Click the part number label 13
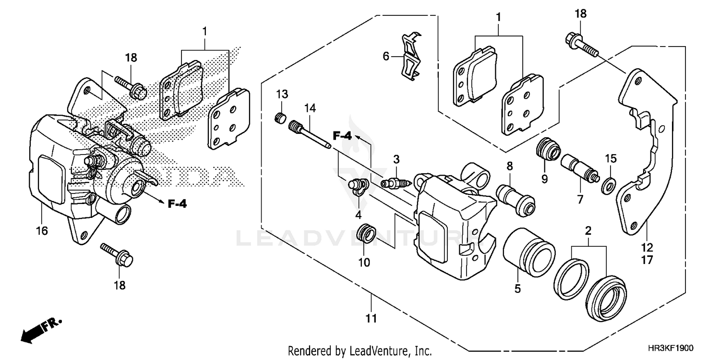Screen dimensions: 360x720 point(281,93)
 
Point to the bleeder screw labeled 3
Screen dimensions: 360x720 point(396,183)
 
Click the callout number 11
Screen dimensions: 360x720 point(371,318)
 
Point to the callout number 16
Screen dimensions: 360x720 point(42,231)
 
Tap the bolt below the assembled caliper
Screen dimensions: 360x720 point(117,255)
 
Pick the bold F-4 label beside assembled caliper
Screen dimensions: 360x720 point(177,204)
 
